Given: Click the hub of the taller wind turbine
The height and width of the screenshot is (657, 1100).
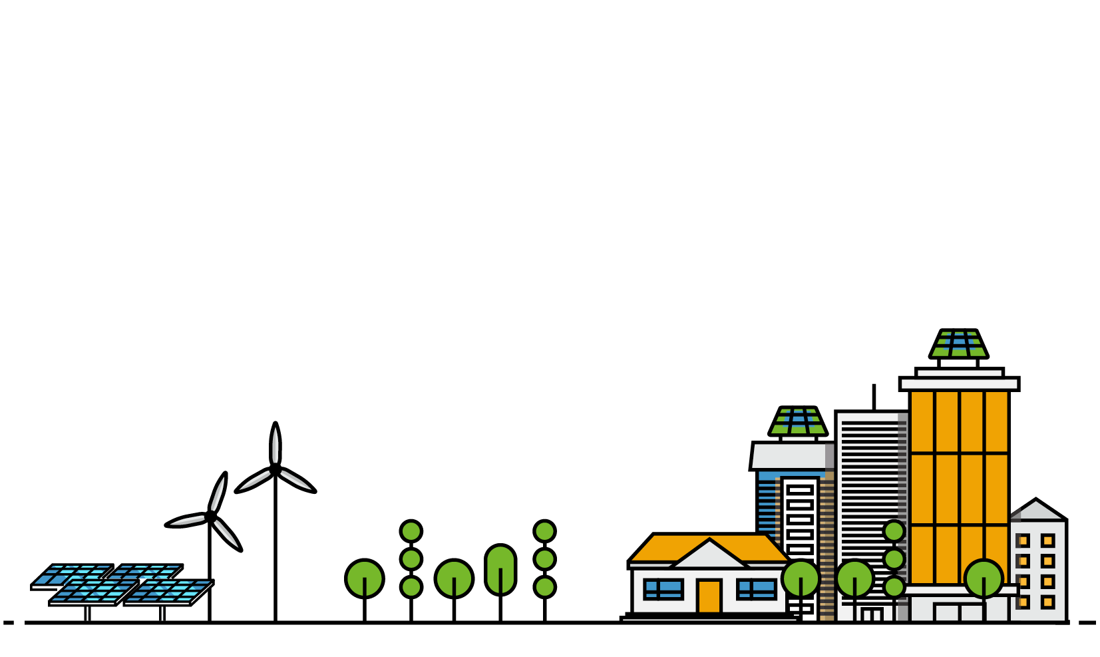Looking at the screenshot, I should (x=275, y=469).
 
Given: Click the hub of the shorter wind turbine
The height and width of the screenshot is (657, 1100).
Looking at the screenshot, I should (x=211, y=516).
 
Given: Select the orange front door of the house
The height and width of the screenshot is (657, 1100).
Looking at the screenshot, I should (x=709, y=596).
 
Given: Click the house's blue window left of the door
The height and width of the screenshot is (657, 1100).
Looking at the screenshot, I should (x=663, y=589).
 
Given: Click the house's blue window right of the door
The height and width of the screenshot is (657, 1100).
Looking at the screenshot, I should (x=757, y=589).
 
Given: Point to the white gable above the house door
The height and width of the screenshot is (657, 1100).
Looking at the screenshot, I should (x=709, y=556).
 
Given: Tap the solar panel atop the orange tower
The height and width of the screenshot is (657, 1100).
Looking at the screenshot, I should (x=958, y=343).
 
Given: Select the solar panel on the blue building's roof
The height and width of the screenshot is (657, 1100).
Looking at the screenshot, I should (x=798, y=421).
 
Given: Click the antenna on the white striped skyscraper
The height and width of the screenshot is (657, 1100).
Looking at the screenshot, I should (x=874, y=396).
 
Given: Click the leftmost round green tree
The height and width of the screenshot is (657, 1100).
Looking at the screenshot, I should (x=365, y=578).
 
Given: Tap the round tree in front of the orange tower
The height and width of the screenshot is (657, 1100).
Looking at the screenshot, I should (x=984, y=578).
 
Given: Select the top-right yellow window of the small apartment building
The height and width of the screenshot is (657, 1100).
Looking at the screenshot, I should (x=1048, y=541).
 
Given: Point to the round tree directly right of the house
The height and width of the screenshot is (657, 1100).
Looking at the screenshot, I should (x=801, y=578).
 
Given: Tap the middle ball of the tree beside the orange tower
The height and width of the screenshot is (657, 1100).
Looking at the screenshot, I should (x=894, y=559).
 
